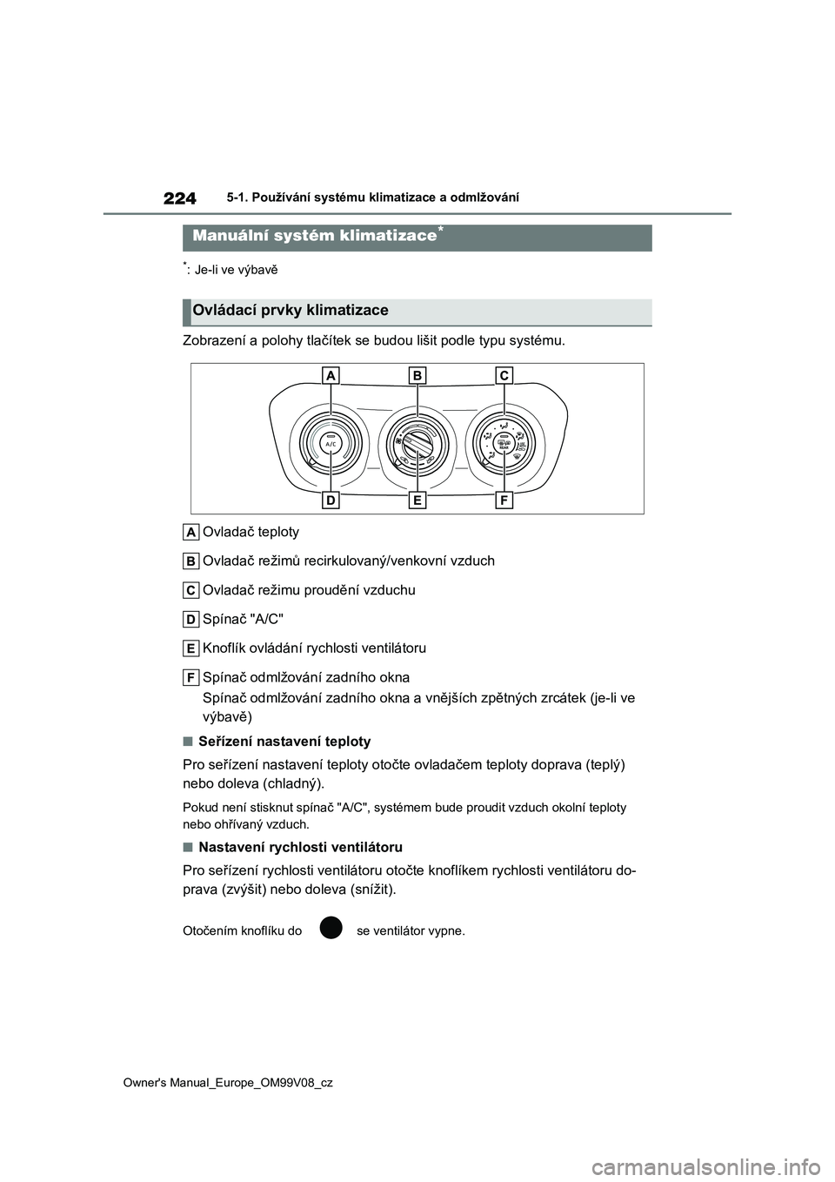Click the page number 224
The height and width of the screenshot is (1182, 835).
click(x=179, y=198)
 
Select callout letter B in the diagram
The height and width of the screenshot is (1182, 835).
click(x=417, y=375)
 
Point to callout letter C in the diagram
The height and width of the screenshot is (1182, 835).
click(x=504, y=375)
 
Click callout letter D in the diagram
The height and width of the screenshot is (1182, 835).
click(x=331, y=500)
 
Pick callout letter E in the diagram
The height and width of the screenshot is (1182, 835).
click(x=417, y=500)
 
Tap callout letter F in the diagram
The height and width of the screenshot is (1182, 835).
click(x=504, y=500)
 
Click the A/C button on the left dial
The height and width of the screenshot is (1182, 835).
click(x=331, y=443)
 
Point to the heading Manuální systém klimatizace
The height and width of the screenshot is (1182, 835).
click(x=313, y=236)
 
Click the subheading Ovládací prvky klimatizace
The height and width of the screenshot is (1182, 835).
click(x=291, y=311)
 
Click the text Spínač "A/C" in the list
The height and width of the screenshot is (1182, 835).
click(x=243, y=619)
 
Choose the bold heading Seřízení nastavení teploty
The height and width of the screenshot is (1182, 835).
click(x=284, y=742)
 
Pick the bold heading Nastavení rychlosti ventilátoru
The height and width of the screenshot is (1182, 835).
click(x=300, y=847)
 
